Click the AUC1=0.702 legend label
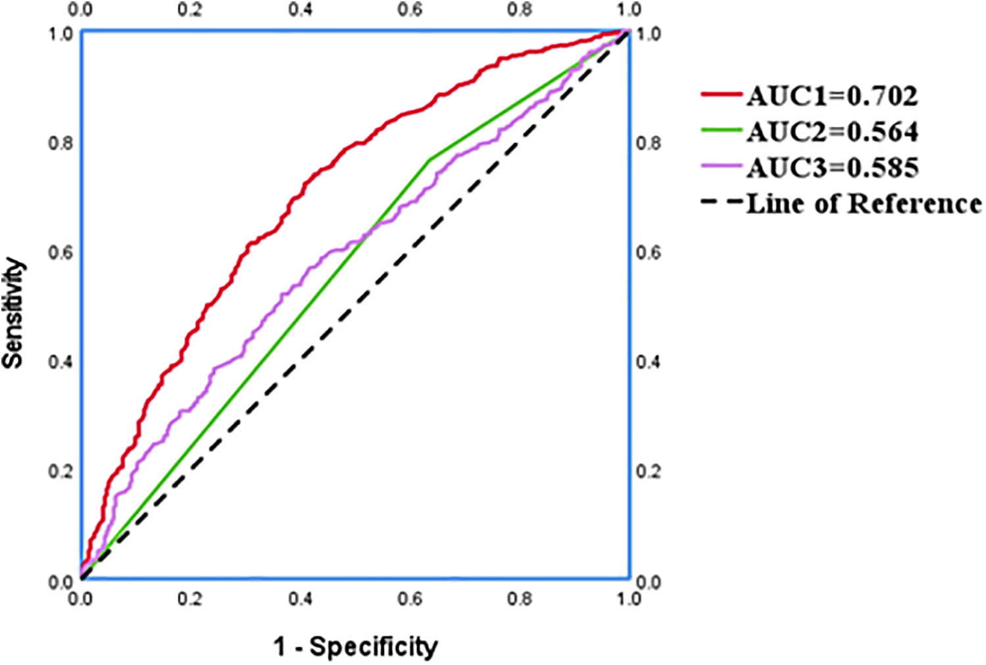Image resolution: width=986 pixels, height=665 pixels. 832,97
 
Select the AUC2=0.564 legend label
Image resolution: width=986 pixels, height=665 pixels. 832,132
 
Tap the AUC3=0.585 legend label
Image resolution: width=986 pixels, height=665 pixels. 832,168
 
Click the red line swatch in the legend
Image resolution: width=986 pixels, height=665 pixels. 722,95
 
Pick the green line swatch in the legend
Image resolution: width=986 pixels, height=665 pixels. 722,131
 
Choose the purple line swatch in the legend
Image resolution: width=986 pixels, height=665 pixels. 722,166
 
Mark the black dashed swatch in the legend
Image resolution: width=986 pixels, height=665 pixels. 722,202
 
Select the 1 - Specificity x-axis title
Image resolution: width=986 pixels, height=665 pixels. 355,647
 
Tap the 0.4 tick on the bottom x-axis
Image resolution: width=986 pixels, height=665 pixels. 300,599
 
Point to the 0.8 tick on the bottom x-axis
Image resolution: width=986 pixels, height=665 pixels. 520,599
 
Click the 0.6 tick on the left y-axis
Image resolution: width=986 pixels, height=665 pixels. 61,253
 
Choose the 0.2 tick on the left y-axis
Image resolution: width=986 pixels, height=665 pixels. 61,472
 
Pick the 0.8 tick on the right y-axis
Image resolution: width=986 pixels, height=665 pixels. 649,143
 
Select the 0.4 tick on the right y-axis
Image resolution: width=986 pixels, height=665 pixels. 649,362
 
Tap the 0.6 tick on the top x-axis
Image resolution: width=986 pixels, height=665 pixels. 410,11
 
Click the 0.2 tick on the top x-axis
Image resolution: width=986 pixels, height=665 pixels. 190,11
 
